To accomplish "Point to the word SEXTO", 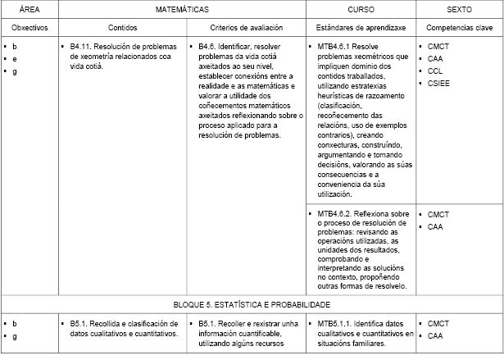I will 459,10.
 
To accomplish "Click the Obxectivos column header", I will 30,28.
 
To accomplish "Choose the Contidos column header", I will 122,28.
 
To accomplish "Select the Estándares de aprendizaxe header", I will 361,28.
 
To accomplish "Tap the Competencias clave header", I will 459,28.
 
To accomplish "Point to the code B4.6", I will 211,47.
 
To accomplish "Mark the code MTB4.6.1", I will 334,47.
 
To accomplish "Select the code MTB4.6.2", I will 334,215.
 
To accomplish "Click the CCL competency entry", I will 435,71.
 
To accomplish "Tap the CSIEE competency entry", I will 439,84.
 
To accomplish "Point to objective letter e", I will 15,59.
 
